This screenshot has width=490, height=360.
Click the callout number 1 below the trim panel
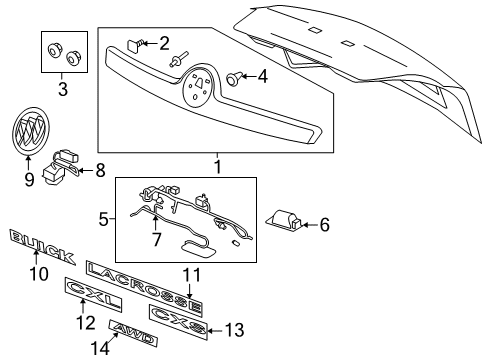(216, 161)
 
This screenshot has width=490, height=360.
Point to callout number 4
(262, 75)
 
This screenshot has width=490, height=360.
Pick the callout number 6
(323, 225)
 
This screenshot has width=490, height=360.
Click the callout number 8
(99, 170)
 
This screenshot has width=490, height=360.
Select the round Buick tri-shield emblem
(29, 131)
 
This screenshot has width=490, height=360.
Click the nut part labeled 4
(236, 76)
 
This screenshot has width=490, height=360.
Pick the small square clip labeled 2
(133, 44)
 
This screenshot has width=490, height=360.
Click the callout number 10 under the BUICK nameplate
(39, 273)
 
